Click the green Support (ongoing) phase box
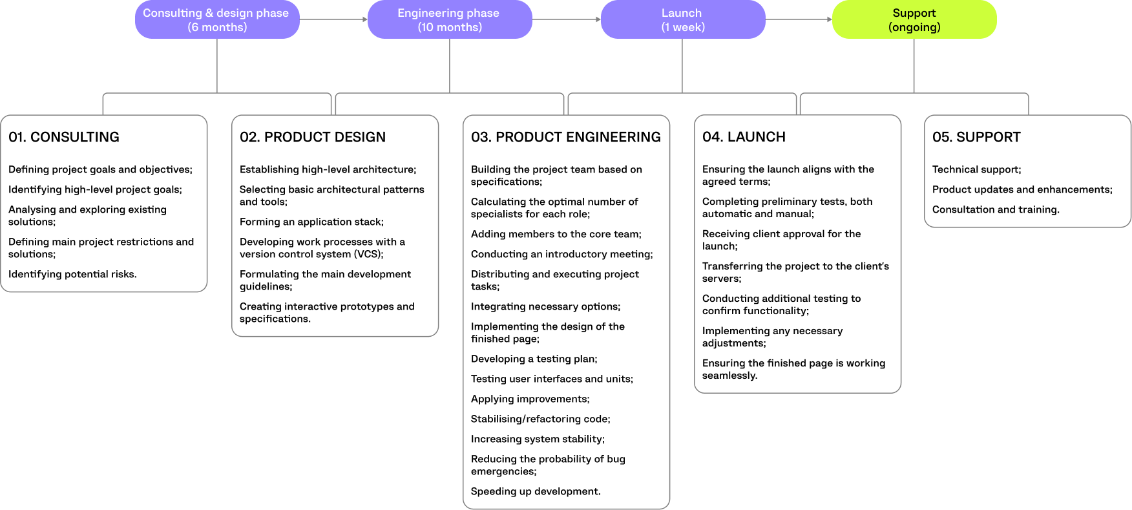914,19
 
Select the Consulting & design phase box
217,19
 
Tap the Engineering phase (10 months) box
450,19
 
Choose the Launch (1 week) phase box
682,19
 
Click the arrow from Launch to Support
799,19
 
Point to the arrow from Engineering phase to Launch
566,19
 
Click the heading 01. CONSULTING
64,137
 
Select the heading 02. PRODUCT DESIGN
313,137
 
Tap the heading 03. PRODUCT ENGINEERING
565,137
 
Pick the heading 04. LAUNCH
744,137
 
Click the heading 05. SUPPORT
976,137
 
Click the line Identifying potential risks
72,274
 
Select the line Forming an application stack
311,222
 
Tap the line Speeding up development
536,491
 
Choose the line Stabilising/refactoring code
540,419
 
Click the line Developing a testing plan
534,359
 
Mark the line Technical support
976,169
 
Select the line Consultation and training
996,209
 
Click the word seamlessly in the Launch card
729,376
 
